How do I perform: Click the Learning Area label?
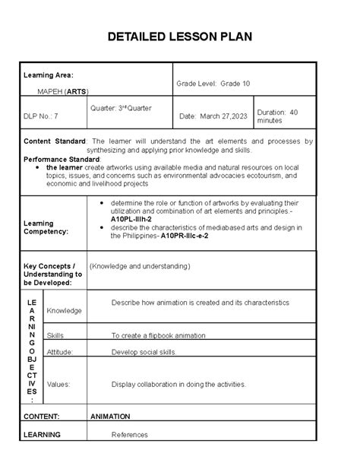coord(47,75)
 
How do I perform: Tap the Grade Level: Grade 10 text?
coord(213,83)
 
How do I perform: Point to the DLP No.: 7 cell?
coord(41,116)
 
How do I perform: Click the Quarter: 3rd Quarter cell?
coord(121,108)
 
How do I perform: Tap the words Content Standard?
coord(56,141)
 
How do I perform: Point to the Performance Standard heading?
coord(60,159)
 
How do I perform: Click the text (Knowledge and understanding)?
coord(140,267)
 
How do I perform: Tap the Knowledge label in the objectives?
coord(64,310)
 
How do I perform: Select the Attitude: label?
coord(61,352)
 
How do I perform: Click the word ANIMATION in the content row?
coord(111,417)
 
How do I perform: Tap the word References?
coord(130,435)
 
